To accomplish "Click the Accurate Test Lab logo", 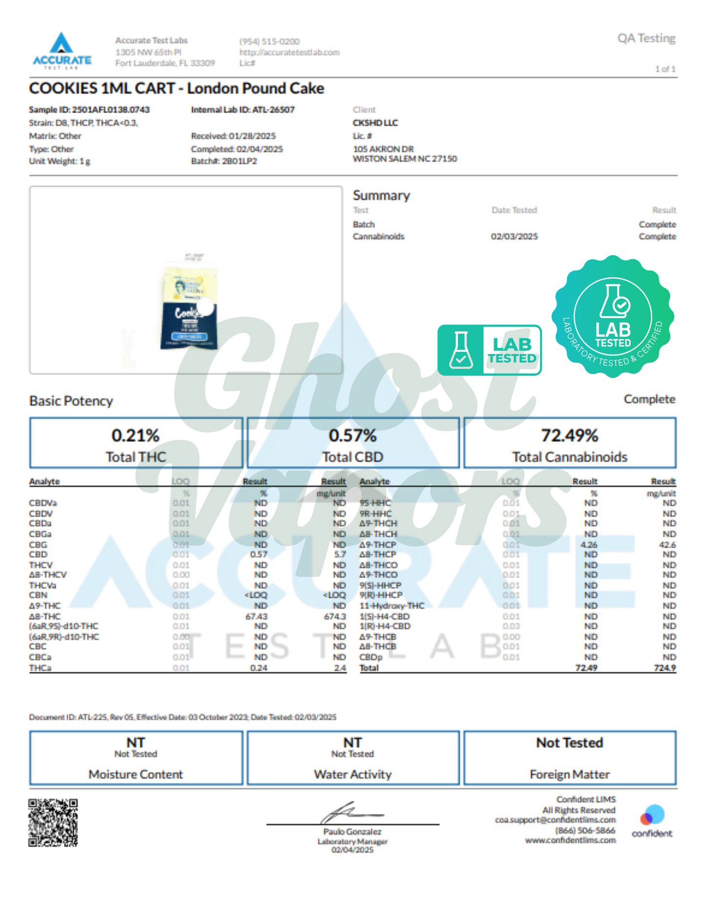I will click(62, 51).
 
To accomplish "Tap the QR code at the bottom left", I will click(53, 823).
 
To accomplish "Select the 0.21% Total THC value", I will click(135, 435).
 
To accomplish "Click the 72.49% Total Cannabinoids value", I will click(569, 435).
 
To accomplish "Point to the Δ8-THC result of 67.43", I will click(256, 616).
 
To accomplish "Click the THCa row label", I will click(40, 668).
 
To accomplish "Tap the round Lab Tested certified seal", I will click(613, 317).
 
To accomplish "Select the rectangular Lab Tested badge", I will click(489, 350).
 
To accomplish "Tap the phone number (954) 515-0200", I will click(269, 42).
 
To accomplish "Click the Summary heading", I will click(381, 195).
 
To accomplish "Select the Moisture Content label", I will click(135, 774).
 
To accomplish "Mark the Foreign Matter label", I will click(569, 774).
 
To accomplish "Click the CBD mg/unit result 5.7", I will click(340, 554).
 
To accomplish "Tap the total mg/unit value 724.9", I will click(665, 668).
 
